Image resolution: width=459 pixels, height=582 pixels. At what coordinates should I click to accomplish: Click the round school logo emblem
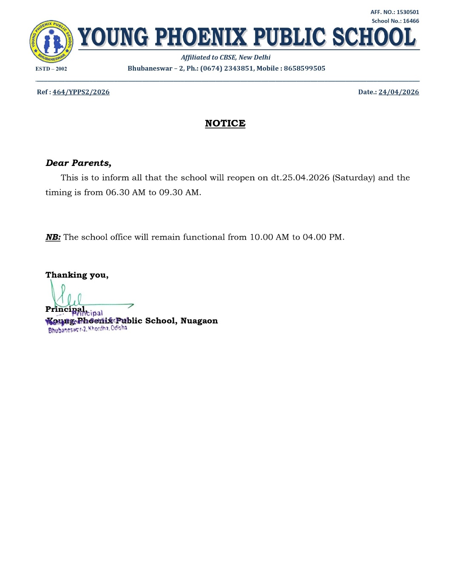[51, 42]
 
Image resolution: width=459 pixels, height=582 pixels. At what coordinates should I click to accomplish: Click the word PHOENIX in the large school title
[200, 37]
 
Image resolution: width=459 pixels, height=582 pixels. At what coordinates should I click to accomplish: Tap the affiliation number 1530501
[408, 12]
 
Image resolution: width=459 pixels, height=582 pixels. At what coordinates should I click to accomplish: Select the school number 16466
[411, 21]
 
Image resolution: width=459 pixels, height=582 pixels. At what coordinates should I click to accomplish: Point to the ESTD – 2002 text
[51, 69]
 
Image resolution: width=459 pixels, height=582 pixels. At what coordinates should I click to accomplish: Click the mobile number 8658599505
[304, 68]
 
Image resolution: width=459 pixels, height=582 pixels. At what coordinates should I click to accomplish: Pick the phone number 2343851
[238, 68]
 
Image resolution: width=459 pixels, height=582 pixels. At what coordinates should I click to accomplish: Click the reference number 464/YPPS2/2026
[81, 92]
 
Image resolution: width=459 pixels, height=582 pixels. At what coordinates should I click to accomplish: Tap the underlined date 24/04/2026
[398, 92]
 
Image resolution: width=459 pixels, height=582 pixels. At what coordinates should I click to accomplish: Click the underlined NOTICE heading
[225, 123]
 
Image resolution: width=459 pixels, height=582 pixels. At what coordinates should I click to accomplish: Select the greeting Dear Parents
[78, 163]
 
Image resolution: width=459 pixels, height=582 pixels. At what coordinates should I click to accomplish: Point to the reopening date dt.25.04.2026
[300, 178]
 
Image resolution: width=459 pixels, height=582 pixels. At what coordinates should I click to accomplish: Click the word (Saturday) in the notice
[354, 178]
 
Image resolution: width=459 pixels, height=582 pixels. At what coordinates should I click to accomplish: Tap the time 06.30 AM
[125, 192]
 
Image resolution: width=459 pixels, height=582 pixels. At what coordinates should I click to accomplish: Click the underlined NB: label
[53, 237]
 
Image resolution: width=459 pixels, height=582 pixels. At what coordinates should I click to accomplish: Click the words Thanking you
[76, 275]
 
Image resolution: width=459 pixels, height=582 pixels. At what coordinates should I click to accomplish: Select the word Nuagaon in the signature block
[199, 321]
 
